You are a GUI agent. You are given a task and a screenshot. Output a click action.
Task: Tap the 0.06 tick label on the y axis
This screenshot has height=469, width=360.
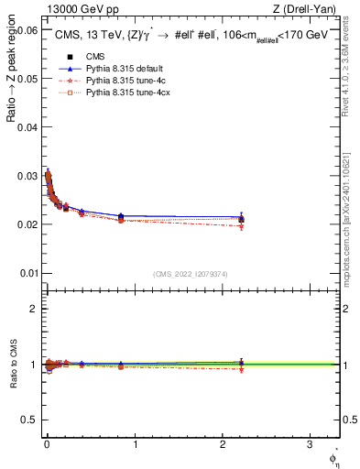tap(26, 30)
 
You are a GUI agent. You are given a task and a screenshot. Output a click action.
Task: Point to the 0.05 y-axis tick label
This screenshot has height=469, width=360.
tap(26, 79)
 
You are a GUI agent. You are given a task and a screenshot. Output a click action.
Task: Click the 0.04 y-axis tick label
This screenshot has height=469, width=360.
tap(26, 127)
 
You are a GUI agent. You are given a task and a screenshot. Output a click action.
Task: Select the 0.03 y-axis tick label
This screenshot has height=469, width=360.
tap(26, 176)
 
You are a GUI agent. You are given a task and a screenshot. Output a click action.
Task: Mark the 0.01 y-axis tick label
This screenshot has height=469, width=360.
tap(26, 273)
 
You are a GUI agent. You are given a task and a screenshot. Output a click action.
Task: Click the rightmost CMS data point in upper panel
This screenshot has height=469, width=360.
tap(241, 219)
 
